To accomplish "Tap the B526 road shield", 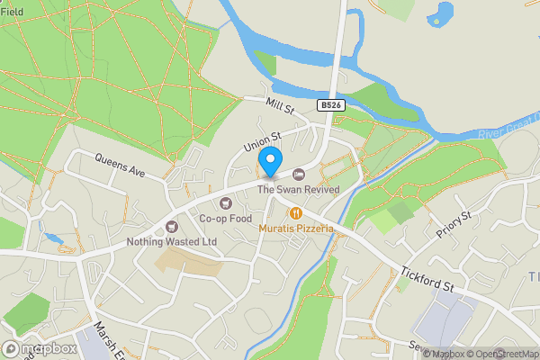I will (330, 105).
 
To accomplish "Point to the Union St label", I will (263, 141).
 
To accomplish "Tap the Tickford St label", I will (427, 278).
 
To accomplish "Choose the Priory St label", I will (454, 229).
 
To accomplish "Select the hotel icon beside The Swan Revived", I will (299, 174).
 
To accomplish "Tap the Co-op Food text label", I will (225, 218).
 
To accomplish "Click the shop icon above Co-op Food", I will (225, 202).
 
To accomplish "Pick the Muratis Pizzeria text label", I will (296, 229).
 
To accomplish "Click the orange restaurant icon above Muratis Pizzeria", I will (294, 213).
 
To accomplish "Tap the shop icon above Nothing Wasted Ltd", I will (173, 226).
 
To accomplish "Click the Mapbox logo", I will (40, 348).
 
